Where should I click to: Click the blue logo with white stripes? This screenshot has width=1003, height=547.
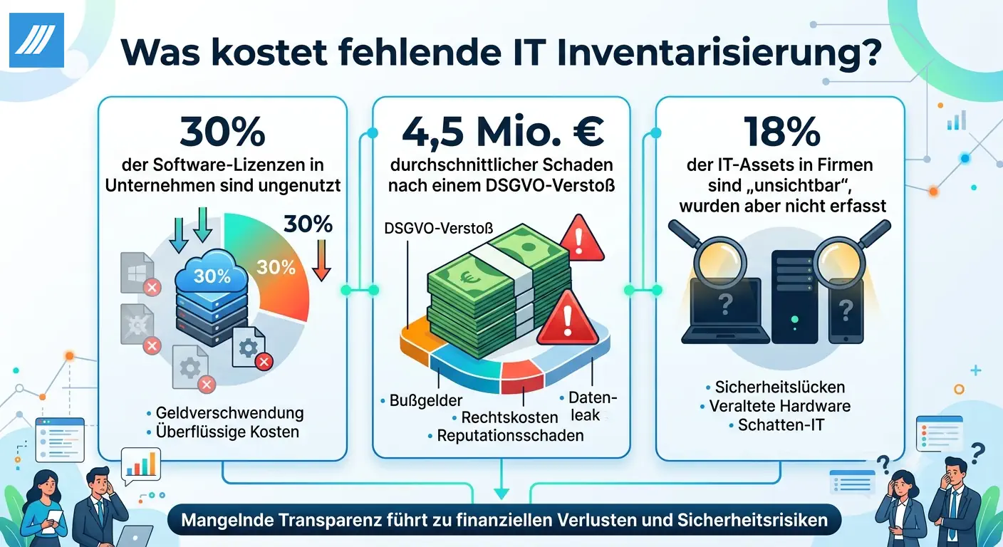pyautogui.click(x=36, y=41)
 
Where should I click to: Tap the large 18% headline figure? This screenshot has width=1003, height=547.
pyautogui.click(x=781, y=132)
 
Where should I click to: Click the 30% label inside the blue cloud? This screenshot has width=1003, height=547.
pyautogui.click(x=212, y=276)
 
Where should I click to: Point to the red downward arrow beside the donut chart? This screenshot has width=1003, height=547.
pyautogui.click(x=321, y=261)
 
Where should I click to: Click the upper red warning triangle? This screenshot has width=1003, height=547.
pyautogui.click(x=581, y=238)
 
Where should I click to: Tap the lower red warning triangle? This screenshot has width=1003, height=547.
pyautogui.click(x=568, y=318)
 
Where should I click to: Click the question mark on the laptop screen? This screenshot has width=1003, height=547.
pyautogui.click(x=725, y=304)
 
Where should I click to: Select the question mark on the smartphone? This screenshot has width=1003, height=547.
pyautogui.click(x=846, y=310)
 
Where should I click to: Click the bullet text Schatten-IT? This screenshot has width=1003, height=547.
pyautogui.click(x=781, y=424)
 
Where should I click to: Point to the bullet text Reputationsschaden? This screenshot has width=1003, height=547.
pyautogui.click(x=511, y=436)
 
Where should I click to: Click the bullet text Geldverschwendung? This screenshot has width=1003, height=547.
pyautogui.click(x=229, y=413)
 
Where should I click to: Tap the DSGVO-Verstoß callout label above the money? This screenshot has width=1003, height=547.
pyautogui.click(x=438, y=229)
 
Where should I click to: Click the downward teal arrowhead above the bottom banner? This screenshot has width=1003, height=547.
pyautogui.click(x=501, y=494)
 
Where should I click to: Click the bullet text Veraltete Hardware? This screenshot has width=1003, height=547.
pyautogui.click(x=779, y=406)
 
